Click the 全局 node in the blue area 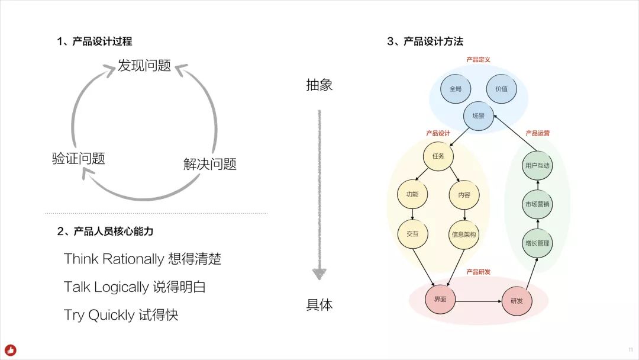coord(455,89)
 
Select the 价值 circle coord(501,89)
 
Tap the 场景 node coord(478,116)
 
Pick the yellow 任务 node coord(438,156)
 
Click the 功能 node coord(412,194)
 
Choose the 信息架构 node coord(463,234)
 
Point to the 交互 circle coord(412,234)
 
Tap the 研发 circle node coord(517,301)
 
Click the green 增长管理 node coord(537,243)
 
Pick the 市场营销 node coord(537,204)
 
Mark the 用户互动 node coord(537,166)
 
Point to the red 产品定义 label coord(478,60)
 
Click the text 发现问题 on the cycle coord(144,66)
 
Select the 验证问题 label coord(78,159)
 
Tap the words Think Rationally coord(114,259)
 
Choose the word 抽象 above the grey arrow coord(319,85)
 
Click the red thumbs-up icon coord(10,350)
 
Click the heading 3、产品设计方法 coord(425,41)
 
